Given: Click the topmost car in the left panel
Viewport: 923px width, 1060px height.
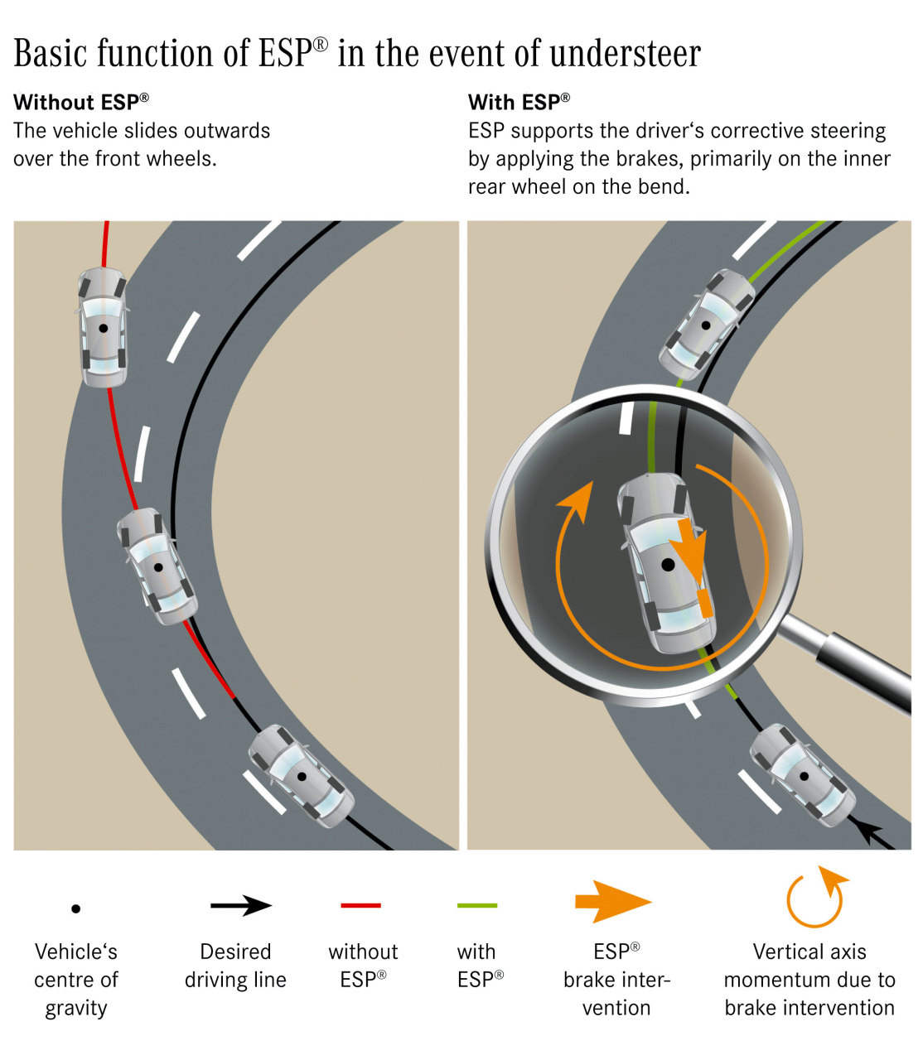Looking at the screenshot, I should [103, 327].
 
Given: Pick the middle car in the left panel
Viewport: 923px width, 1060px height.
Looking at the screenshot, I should [157, 566].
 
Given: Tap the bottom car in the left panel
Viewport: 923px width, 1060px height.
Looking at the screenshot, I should [302, 776].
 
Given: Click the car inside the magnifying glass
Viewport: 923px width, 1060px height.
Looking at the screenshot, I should [667, 563].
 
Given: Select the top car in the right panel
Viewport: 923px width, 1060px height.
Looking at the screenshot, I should [706, 325].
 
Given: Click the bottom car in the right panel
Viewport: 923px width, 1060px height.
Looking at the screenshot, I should [802, 775].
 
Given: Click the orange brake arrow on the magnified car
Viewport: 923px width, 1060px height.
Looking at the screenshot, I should [689, 548].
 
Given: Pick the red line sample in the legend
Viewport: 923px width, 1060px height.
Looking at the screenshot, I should [360, 906].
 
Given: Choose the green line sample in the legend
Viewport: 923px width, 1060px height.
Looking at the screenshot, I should [477, 906].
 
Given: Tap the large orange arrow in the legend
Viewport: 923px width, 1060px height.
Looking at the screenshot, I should [613, 903].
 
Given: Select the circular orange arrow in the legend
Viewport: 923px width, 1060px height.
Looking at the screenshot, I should [816, 899].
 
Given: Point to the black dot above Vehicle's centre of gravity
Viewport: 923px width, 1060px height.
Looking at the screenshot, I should [76, 908].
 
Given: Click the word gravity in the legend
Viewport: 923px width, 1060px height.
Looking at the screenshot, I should [76, 1009].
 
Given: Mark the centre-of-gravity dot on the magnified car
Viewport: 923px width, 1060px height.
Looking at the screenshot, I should [668, 565].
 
